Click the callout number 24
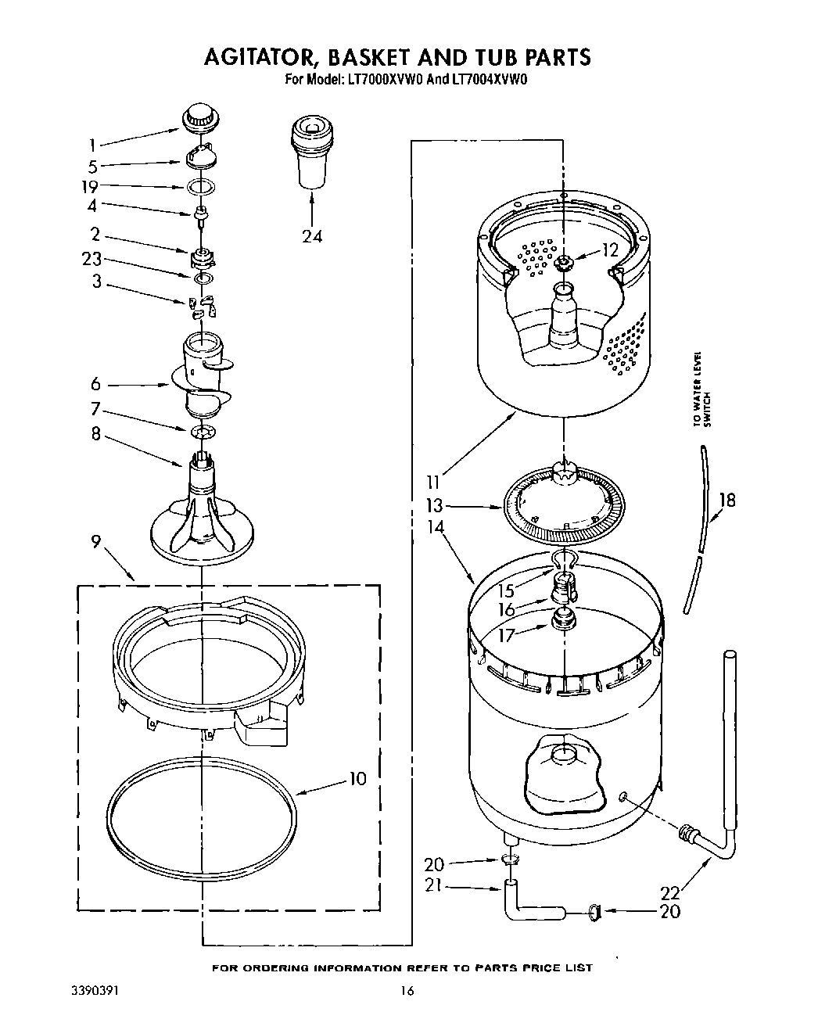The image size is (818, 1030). coord(312,235)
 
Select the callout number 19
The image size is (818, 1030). coord(91,186)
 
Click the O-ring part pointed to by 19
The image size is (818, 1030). coord(201,187)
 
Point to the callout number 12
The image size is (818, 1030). coord(610,249)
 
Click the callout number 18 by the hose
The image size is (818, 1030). coord(727,500)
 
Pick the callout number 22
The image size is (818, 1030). coord(670,892)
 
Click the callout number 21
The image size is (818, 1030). coord(434,886)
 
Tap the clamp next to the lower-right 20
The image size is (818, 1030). coord(595,910)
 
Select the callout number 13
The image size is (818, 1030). coord(434,505)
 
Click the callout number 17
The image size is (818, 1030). coord(507,635)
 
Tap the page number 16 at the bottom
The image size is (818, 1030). coord(407,990)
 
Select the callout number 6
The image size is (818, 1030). coord(95,384)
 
